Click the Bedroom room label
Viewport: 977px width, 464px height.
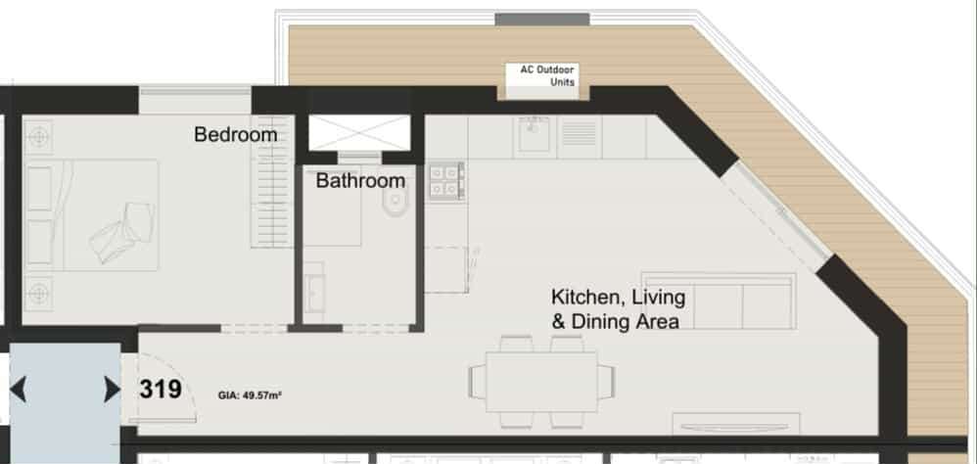pos(236,134)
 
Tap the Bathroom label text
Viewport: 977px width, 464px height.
pos(360,181)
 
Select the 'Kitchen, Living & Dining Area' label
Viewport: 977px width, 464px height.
pos(618,309)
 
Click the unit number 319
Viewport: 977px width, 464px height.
pos(161,390)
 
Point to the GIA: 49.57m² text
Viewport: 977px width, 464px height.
pos(250,394)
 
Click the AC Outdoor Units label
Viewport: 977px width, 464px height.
pos(547,75)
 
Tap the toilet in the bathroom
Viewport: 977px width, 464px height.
pos(395,204)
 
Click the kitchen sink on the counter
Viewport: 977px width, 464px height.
pos(533,134)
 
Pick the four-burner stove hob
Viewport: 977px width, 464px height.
pos(446,181)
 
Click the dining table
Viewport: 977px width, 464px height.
pos(540,381)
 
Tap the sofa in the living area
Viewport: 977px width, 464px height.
pos(719,301)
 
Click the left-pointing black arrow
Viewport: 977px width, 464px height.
pos(18,390)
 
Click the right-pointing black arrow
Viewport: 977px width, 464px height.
pos(113,390)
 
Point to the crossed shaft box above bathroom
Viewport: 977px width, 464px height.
pos(359,133)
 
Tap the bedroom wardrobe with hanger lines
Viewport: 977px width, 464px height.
pos(272,181)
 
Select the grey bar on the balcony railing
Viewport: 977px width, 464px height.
pos(542,20)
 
